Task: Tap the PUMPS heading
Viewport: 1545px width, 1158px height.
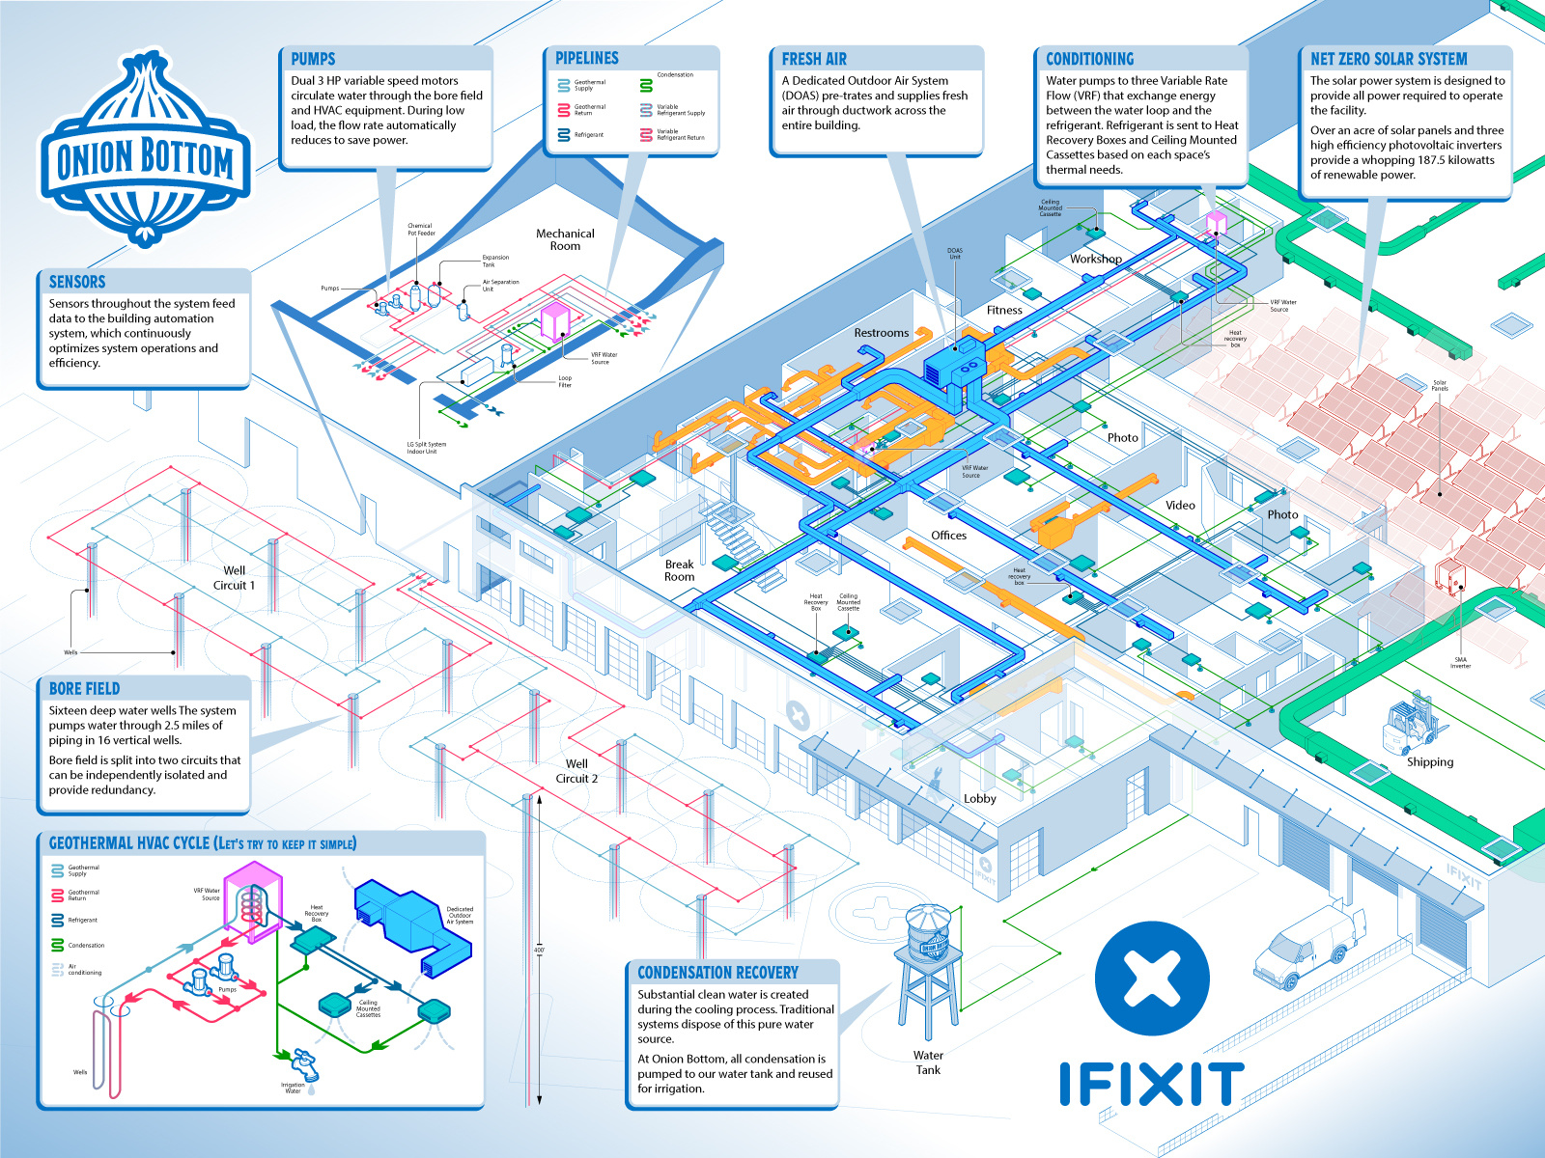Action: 313,59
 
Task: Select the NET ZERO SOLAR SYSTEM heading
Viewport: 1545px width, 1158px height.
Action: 1388,59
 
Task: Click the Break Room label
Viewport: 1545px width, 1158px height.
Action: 679,570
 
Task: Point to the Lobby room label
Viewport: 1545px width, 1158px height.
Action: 979,798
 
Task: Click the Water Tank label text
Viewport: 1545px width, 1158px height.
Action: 928,1062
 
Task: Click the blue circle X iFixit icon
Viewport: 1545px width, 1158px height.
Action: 1152,978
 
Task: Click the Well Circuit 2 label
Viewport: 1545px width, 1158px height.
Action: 576,771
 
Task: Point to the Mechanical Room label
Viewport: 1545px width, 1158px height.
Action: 565,239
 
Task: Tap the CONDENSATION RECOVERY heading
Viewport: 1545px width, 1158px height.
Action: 717,973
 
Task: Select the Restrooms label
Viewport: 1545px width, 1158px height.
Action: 881,333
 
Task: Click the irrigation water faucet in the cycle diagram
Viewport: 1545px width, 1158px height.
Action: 304,1064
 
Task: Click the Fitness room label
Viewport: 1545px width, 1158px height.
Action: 1004,310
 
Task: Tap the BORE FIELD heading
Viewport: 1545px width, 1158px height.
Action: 84,688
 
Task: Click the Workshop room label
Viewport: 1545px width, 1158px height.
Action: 1095,259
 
